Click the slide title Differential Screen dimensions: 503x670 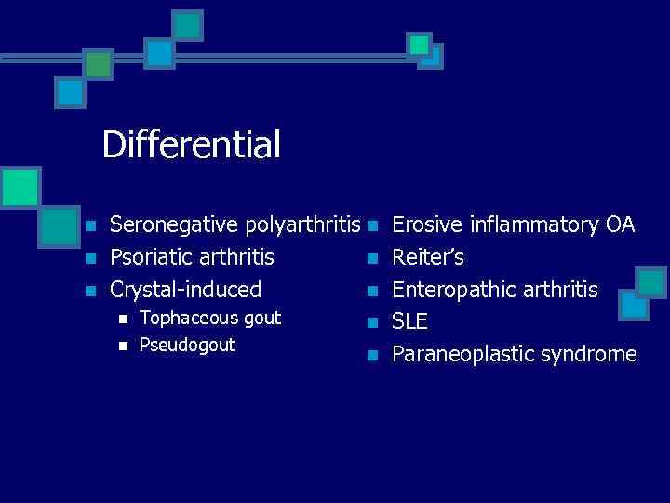[x=191, y=145]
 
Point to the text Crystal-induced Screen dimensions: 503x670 [x=185, y=290]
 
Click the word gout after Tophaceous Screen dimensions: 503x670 [x=261, y=319]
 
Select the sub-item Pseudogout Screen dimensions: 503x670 [x=187, y=346]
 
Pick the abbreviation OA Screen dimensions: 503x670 [x=620, y=224]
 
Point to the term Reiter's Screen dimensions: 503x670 [x=428, y=257]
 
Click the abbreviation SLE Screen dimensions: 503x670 [x=409, y=322]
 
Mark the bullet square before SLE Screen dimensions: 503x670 [x=372, y=323]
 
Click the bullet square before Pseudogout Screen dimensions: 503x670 [x=121, y=347]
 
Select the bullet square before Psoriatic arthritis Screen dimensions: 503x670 [x=89, y=258]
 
